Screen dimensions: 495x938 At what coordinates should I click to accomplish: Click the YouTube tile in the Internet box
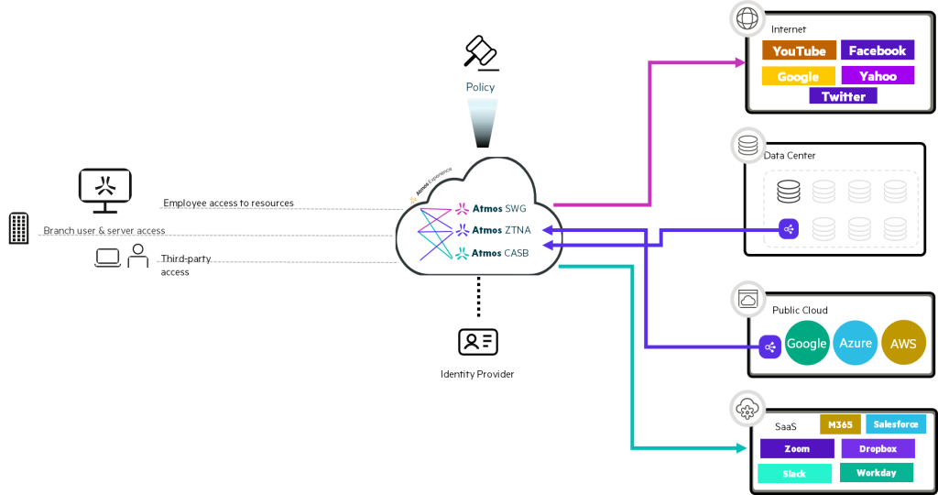point(799,51)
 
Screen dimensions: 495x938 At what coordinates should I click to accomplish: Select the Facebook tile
point(877,50)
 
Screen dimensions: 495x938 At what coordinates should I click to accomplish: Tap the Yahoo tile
point(877,76)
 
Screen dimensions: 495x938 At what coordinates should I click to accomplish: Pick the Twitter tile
point(843,96)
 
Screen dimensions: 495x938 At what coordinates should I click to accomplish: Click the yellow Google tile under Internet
point(798,76)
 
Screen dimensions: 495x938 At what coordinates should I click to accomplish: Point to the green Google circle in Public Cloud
point(806,344)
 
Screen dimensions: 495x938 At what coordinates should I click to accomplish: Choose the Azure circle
point(856,344)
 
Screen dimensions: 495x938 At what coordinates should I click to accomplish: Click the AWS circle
point(903,344)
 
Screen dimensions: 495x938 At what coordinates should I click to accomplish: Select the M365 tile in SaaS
point(839,424)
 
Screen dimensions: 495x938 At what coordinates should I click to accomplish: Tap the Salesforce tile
point(895,424)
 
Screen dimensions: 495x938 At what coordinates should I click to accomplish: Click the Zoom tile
point(797,449)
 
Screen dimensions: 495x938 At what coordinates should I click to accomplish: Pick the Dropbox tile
point(878,449)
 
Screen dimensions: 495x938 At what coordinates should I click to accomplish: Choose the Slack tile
point(794,474)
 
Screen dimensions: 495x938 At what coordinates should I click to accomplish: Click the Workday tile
point(876,473)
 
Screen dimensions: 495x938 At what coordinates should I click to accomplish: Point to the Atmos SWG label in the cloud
point(498,208)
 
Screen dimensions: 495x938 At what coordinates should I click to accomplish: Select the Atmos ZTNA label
point(500,230)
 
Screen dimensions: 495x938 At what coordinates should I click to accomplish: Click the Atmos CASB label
point(500,252)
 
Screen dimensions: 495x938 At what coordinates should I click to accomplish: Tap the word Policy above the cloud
point(480,87)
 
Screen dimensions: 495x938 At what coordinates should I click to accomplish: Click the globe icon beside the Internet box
point(747,19)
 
